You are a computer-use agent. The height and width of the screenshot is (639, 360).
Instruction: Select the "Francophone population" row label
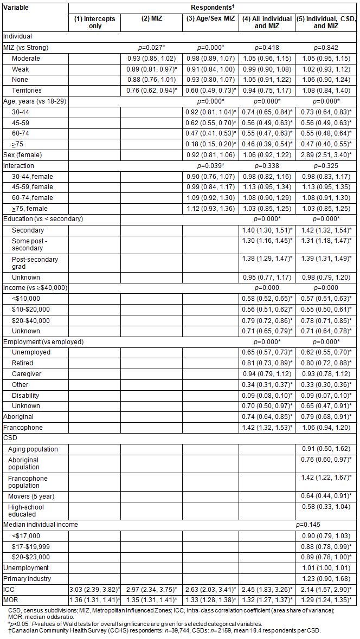pos(28,482)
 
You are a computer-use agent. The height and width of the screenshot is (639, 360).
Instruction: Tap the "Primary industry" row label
pos(25,578)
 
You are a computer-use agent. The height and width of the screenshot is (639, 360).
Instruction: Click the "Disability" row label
pos(25,395)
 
